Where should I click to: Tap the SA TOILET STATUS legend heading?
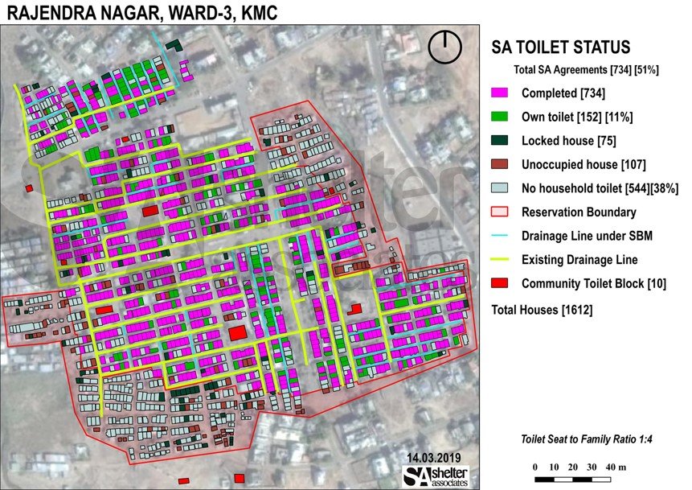click(x=560, y=48)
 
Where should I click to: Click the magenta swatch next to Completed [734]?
click(x=502, y=93)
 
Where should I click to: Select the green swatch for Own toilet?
click(x=502, y=117)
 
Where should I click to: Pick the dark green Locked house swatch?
click(x=502, y=141)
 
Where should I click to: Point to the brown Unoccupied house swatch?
click(x=502, y=165)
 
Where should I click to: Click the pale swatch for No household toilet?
click(x=502, y=188)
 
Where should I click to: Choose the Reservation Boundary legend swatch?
click(x=502, y=212)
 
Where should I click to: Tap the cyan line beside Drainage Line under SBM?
click(x=502, y=237)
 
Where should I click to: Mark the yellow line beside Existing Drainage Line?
click(x=502, y=260)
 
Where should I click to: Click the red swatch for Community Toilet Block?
click(x=502, y=284)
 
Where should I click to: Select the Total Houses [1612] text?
click(x=542, y=310)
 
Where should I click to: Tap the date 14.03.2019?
click(x=433, y=458)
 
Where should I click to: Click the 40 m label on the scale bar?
click(x=614, y=467)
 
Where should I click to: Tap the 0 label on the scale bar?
click(x=535, y=467)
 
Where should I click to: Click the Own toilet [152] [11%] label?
click(x=577, y=117)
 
